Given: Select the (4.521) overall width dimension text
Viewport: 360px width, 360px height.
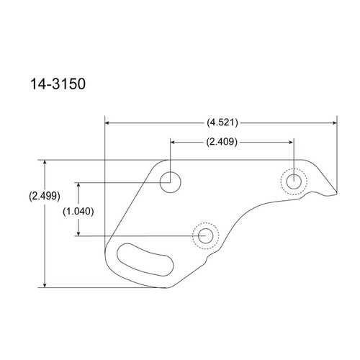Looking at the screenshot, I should pyautogui.click(x=221, y=122).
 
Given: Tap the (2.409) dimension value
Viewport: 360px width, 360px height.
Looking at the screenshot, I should pyautogui.click(x=221, y=141).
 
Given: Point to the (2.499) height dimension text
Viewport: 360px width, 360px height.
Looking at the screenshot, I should pyautogui.click(x=45, y=195).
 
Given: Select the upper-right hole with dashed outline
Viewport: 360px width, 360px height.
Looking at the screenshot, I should pyautogui.click(x=293, y=182).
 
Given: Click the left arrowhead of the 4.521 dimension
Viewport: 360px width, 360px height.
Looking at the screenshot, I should pyautogui.click(x=108, y=122).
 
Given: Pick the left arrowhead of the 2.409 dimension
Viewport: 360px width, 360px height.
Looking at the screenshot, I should pyautogui.click(x=173, y=141).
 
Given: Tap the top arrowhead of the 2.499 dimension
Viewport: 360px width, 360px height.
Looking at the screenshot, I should pyautogui.click(x=45, y=163).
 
